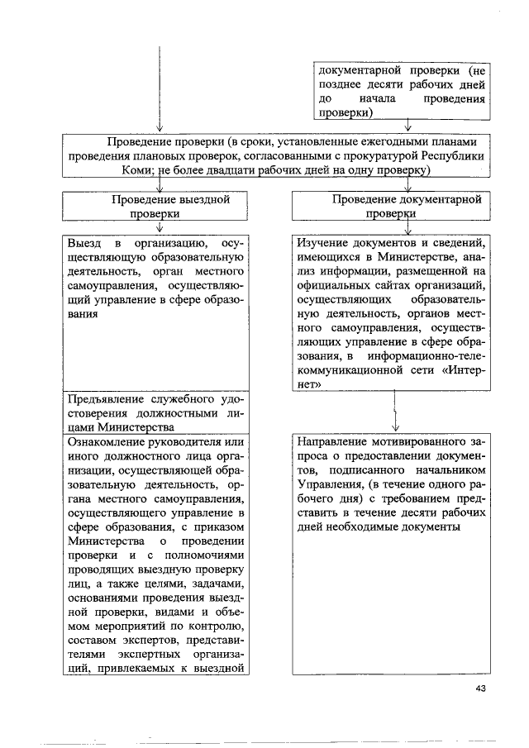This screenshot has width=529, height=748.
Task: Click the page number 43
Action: coord(482,691)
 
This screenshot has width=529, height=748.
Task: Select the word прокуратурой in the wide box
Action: coord(386,155)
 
